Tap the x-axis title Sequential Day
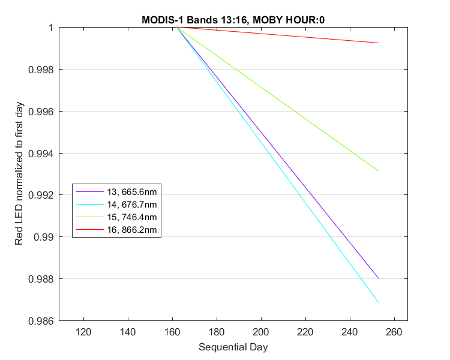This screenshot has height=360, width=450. click(233, 347)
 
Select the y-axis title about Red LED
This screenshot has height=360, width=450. click(19, 173)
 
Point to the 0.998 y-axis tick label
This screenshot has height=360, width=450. click(41, 70)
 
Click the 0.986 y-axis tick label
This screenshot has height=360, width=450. click(41, 321)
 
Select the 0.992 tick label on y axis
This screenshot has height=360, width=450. click(41, 195)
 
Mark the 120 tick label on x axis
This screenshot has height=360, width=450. click(83, 332)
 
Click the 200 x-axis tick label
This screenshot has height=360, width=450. click(261, 332)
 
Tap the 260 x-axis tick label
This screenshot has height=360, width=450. click(394, 332)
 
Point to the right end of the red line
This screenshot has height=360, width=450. click(379, 43)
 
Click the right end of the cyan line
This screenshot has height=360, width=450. click(379, 302)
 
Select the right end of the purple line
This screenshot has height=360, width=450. click(379, 278)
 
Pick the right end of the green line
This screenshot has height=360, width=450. click(379, 171)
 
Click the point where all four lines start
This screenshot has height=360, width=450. click(177, 27)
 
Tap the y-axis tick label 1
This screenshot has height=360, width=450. click(51, 28)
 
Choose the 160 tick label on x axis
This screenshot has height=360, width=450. click(172, 332)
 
